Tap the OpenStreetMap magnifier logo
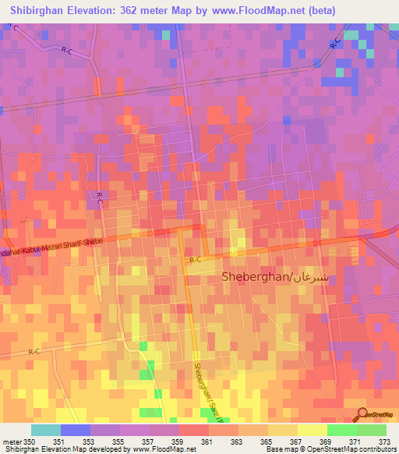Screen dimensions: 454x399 364,415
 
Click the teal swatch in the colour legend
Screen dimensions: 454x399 45,430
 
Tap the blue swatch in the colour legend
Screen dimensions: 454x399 75,430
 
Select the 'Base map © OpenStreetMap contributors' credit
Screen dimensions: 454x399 328,450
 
